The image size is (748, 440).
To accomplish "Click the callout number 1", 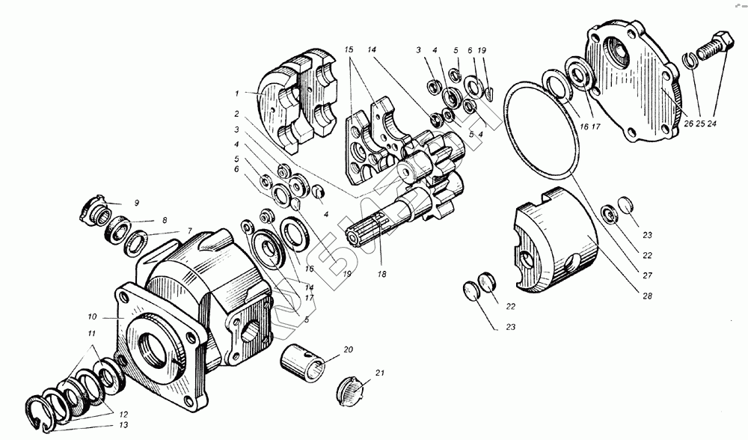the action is click(236, 94).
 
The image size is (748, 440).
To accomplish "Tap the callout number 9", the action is click(136, 203).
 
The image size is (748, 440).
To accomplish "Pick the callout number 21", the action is click(380, 373).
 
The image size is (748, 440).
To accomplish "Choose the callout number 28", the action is click(646, 296).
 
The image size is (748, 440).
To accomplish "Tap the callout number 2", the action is click(236, 114).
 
